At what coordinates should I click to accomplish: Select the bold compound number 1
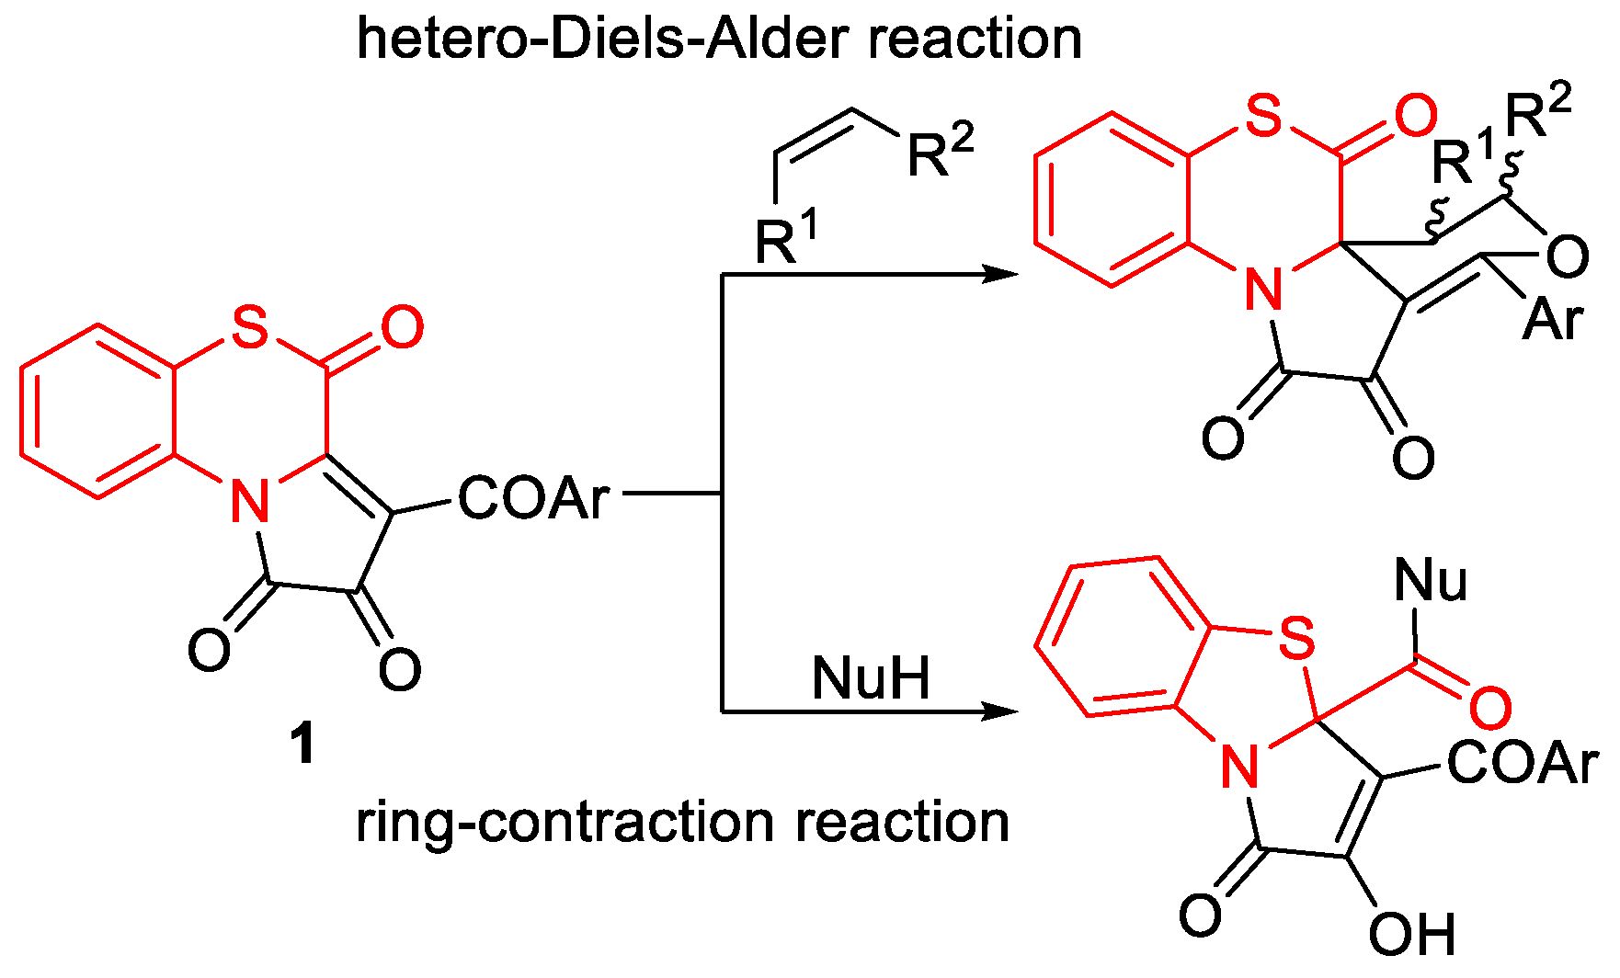pyautogui.click(x=302, y=744)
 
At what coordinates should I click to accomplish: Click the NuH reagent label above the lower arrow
pyautogui.click(x=870, y=678)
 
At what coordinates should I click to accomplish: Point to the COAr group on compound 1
pyautogui.click(x=533, y=498)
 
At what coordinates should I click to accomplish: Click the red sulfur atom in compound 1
pyautogui.click(x=250, y=326)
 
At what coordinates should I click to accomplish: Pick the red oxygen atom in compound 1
pyautogui.click(x=402, y=327)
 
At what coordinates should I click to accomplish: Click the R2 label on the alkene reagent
pyautogui.click(x=940, y=151)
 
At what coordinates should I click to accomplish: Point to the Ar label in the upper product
pyautogui.click(x=1553, y=320)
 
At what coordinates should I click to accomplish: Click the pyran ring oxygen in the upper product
pyautogui.click(x=1567, y=256)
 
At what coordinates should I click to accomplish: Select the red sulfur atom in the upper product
pyautogui.click(x=1264, y=117)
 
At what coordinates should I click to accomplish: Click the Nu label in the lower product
pyautogui.click(x=1430, y=581)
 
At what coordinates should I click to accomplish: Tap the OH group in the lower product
pyautogui.click(x=1411, y=935)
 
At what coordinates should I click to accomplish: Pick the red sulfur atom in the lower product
pyautogui.click(x=1297, y=636)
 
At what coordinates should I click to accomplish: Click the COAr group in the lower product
pyautogui.click(x=1523, y=763)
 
